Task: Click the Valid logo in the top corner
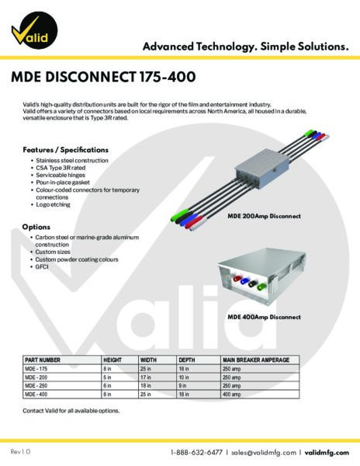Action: click(34, 30)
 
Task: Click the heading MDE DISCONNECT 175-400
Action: click(103, 77)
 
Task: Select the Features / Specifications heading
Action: click(66, 150)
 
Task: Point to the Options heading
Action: click(36, 227)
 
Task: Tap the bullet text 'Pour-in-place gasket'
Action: click(63, 183)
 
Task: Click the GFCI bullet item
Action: click(42, 266)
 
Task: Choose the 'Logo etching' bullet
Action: click(53, 204)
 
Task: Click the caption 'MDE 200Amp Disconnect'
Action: click(264, 216)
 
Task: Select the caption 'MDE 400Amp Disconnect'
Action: click(264, 317)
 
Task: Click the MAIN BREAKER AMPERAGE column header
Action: click(256, 360)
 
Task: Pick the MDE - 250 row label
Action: click(36, 386)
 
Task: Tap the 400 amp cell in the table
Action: click(231, 395)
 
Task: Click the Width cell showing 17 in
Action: click(145, 377)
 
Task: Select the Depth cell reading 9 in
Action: click(182, 386)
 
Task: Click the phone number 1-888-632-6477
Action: click(196, 452)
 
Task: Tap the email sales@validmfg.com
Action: click(264, 452)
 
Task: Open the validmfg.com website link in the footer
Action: click(327, 452)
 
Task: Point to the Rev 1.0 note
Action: click(20, 452)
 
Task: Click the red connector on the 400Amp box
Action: click(237, 279)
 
